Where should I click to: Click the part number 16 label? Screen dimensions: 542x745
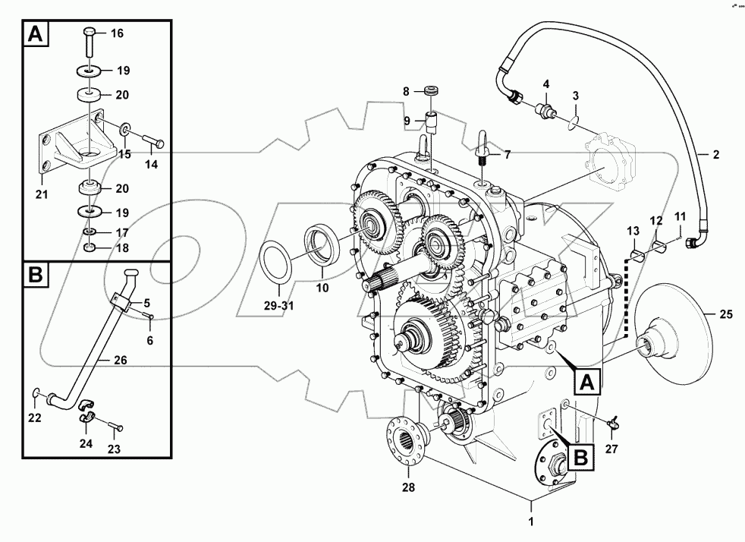pyautogui.click(x=117, y=33)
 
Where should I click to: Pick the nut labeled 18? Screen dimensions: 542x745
pyautogui.click(x=89, y=248)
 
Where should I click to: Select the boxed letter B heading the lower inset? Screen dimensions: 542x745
pyautogui.click(x=36, y=274)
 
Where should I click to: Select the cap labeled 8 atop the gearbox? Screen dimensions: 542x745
pyautogui.click(x=433, y=90)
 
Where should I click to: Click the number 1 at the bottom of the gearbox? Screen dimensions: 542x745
pyautogui.click(x=531, y=522)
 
